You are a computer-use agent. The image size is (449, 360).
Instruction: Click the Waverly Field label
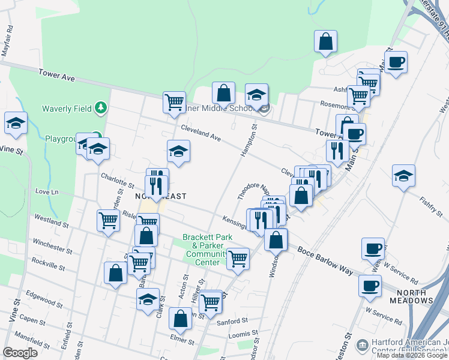coord(67,109)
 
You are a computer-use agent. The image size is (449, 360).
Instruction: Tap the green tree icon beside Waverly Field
coord(102,108)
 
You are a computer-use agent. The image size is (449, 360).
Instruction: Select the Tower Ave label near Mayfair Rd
coord(56,74)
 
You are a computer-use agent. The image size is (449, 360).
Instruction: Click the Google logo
coord(20,353)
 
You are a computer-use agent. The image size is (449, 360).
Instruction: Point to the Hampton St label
coord(248,142)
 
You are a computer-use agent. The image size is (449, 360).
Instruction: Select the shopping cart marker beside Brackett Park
coord(238,259)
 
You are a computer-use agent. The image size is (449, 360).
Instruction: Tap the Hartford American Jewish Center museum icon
coord(363,346)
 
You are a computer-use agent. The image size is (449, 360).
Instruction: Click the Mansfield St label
coord(37,342)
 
